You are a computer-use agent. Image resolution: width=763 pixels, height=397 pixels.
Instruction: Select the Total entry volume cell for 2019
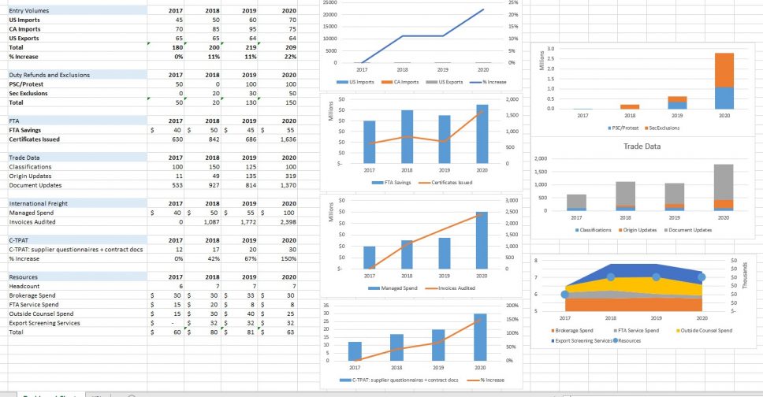(x=252, y=46)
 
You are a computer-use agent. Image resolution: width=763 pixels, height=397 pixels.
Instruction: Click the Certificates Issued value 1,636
(x=287, y=139)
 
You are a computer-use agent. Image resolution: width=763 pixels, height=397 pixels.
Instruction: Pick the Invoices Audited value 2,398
(x=287, y=222)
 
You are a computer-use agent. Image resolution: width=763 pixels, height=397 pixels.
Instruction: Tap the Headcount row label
(x=26, y=286)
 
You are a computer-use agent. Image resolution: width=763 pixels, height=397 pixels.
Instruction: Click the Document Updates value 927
(x=210, y=185)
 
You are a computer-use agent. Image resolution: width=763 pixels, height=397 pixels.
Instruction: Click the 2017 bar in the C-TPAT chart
(x=355, y=351)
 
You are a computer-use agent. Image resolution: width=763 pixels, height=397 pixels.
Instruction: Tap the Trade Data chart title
(x=642, y=147)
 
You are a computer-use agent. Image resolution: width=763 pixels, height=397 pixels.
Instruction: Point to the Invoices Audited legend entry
(x=454, y=288)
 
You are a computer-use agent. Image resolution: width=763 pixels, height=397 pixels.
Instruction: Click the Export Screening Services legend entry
(x=583, y=340)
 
